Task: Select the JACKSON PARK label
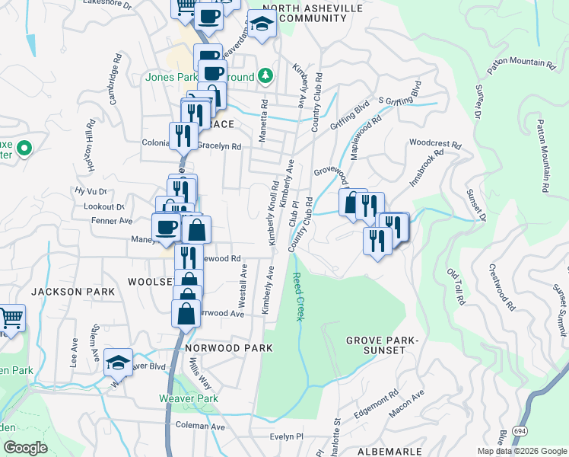(x=73, y=292)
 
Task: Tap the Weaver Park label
(x=189, y=398)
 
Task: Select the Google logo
(x=25, y=448)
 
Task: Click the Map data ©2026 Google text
(x=522, y=451)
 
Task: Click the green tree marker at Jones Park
(x=265, y=75)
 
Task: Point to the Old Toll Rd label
(x=456, y=286)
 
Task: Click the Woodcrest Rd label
(x=435, y=142)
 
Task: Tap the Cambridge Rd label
(x=115, y=69)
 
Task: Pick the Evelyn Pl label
(x=287, y=437)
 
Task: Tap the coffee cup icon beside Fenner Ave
(x=165, y=225)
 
